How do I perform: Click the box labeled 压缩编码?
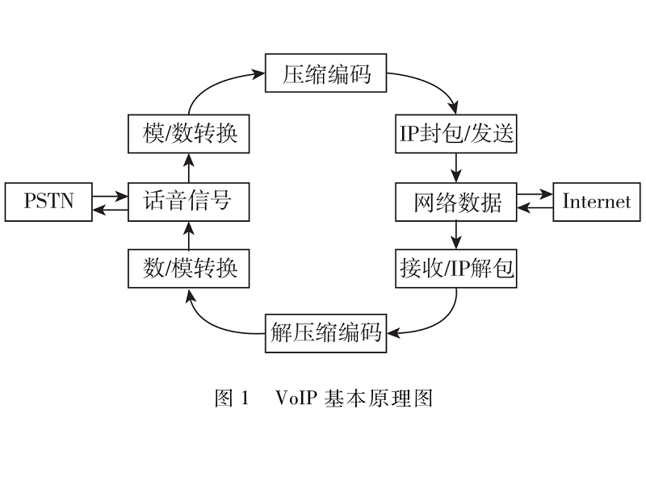[326, 75]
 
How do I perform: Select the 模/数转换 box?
[189, 133]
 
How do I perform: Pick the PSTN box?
[48, 202]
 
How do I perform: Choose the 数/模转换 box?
[189, 269]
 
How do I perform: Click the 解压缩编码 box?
[326, 332]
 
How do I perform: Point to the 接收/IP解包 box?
[456, 269]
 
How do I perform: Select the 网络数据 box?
[456, 202]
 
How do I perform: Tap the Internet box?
[596, 202]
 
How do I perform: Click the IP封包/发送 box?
[456, 133]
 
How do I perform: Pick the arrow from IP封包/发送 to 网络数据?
[456, 167]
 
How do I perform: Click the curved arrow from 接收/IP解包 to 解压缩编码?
[440, 321]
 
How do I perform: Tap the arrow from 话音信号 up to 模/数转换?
[189, 167]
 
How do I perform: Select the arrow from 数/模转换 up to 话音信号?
[189, 236]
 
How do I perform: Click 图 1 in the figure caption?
[233, 398]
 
